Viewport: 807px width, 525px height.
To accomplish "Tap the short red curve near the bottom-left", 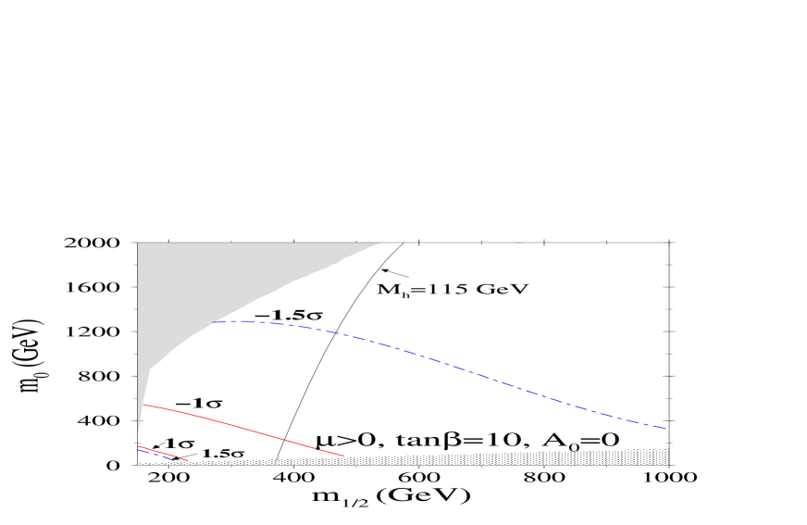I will [162, 453].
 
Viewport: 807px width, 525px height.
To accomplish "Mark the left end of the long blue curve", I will [213, 322].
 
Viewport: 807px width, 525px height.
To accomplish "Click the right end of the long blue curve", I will [665, 428].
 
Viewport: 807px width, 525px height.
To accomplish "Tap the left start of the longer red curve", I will [144, 405].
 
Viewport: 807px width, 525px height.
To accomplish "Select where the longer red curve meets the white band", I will [345, 456].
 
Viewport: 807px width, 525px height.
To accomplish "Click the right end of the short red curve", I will [188, 460].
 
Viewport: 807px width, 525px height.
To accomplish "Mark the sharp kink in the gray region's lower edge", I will [151, 369].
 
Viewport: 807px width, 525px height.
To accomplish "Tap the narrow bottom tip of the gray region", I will [138, 435].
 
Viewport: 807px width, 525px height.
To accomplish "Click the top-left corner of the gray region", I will [139, 244].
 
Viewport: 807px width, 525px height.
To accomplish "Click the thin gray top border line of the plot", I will [555, 243].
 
